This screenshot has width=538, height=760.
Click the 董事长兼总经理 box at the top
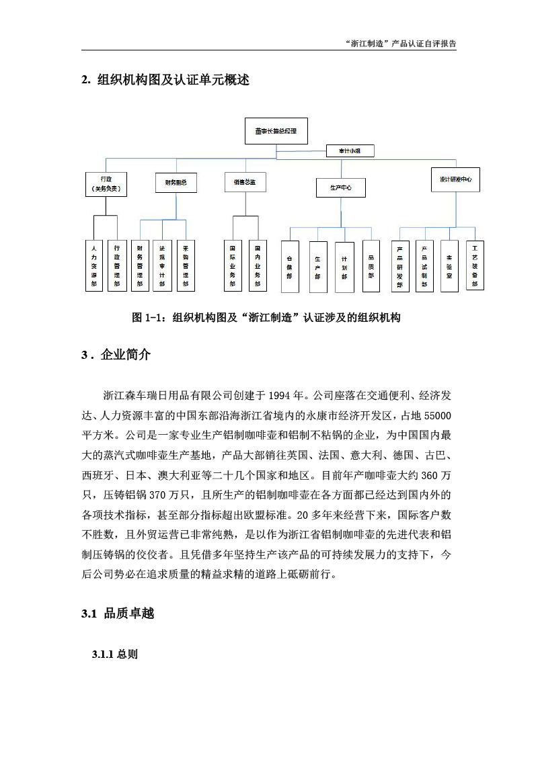[276, 131]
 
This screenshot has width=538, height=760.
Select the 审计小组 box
[350, 151]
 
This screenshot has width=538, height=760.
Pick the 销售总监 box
[245, 182]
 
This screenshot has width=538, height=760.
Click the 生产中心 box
[341, 187]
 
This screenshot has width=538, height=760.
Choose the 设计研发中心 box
[455, 179]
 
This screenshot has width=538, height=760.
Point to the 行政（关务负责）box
[106, 184]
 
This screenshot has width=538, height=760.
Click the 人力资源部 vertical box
[94, 265]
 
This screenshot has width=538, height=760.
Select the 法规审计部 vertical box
[162, 265]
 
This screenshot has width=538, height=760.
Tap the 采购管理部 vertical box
[186, 265]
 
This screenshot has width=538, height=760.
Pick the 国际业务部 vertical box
[233, 265]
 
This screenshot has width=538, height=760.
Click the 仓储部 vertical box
[289, 267]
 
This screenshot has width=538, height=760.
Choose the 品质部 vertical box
[371, 267]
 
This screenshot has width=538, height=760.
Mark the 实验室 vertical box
[449, 265]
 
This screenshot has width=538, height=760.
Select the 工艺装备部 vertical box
[474, 265]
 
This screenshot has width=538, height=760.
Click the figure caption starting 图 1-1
[266, 318]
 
